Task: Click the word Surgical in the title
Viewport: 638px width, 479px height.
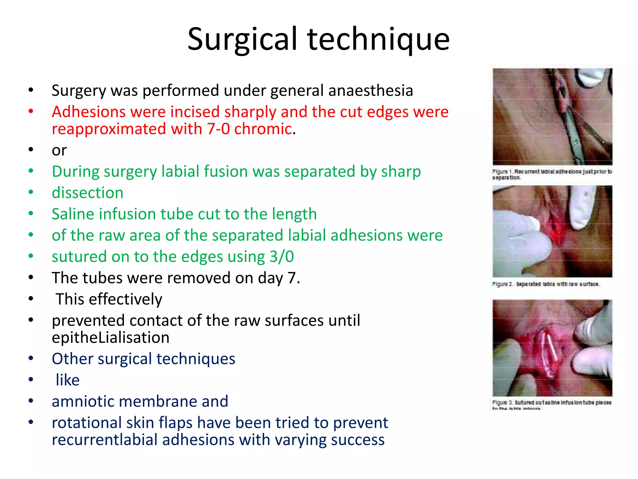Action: click(242, 39)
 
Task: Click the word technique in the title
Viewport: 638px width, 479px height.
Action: click(379, 39)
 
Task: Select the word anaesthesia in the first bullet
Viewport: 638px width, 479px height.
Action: click(371, 90)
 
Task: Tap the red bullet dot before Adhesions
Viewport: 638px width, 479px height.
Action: click(31, 111)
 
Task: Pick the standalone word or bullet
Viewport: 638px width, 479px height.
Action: click(59, 150)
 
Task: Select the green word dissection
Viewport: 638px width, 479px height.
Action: click(88, 193)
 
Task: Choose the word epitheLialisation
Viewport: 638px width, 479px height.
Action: click(111, 337)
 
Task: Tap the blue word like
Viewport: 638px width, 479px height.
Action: click(68, 380)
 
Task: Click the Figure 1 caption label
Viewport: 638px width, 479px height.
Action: click(502, 172)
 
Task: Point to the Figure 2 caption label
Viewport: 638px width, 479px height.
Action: click(502, 284)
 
